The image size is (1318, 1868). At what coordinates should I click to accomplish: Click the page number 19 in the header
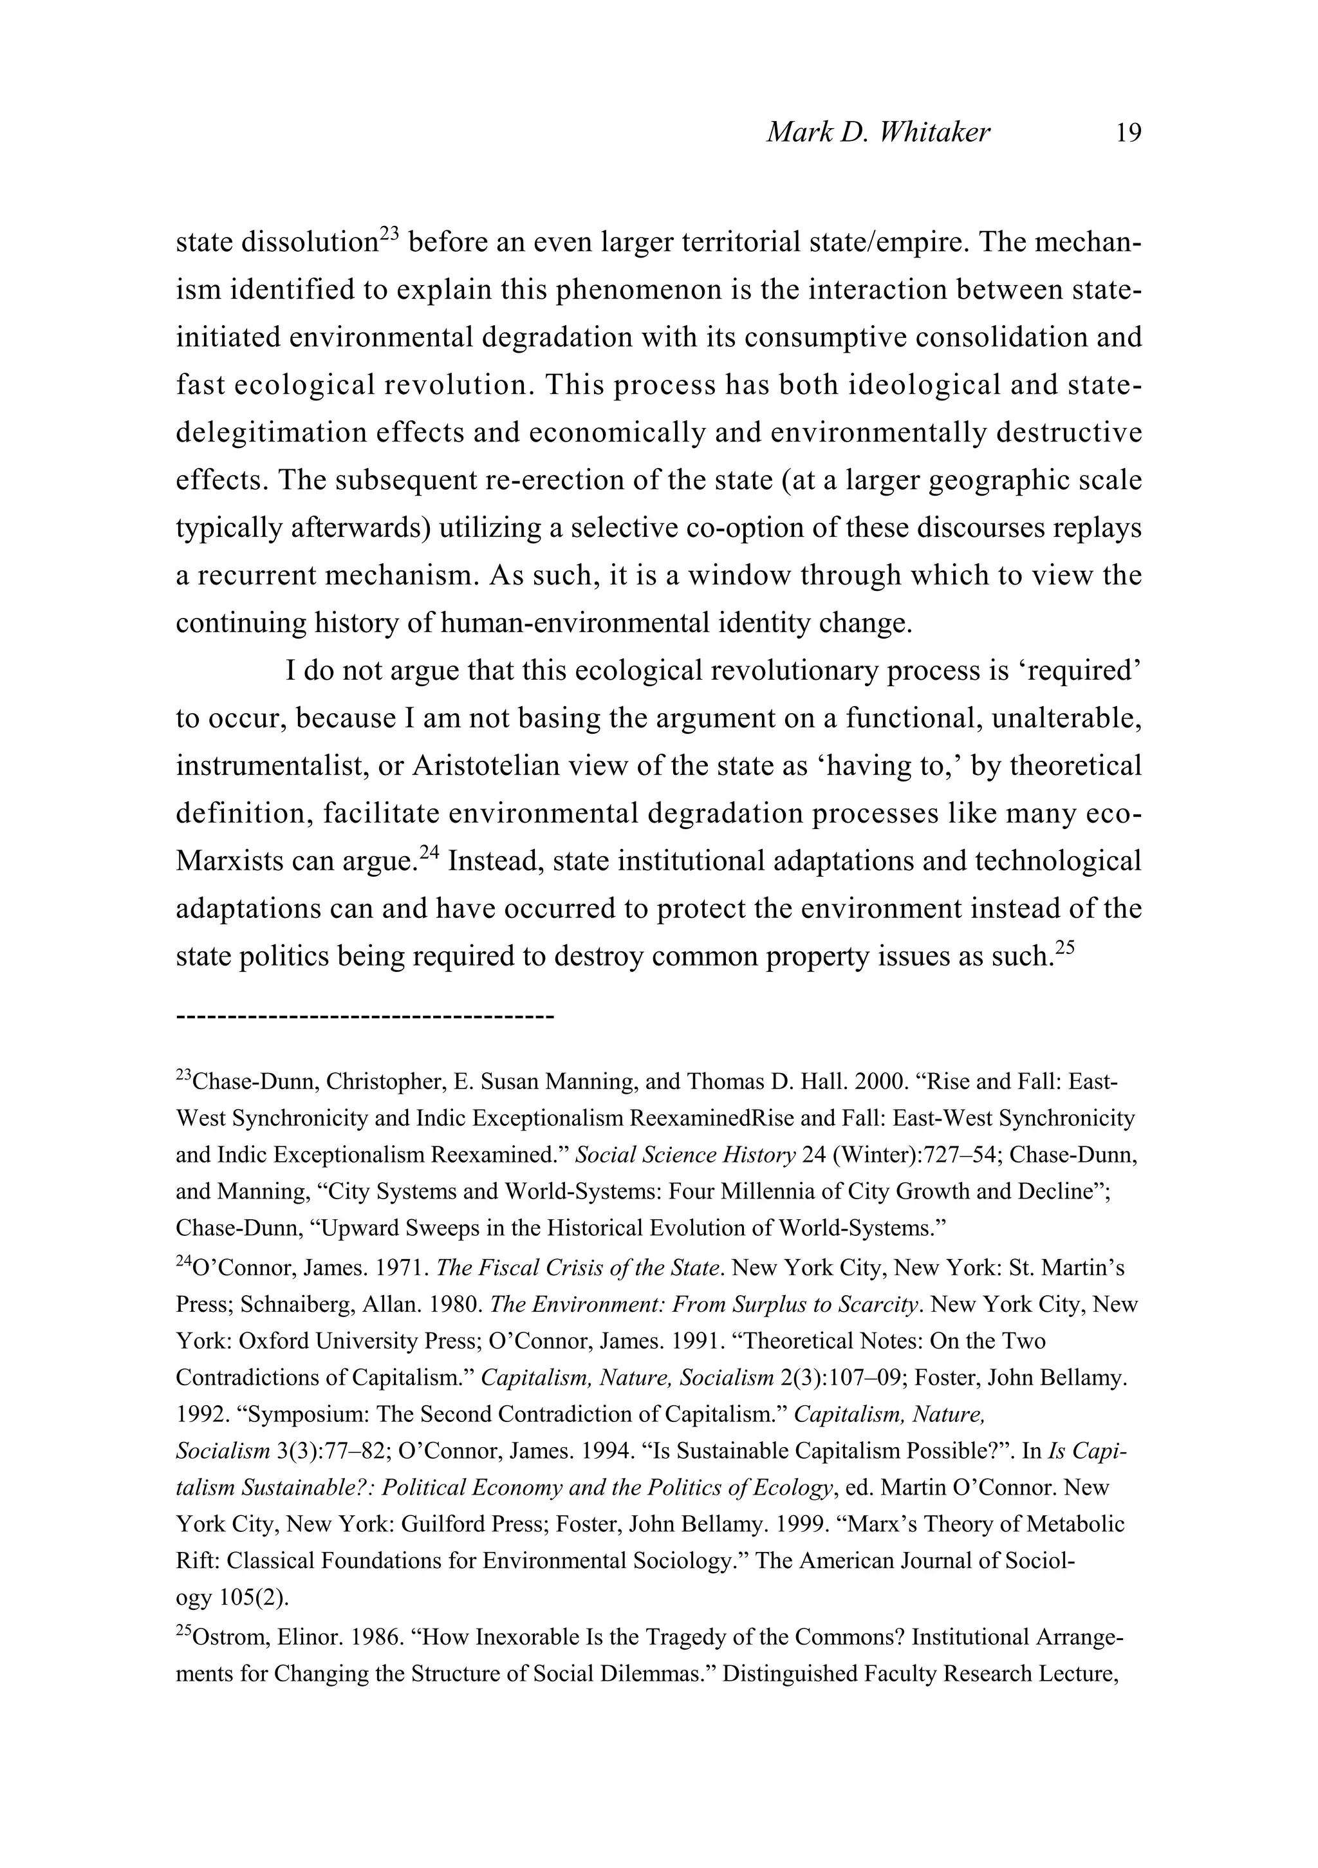1128,133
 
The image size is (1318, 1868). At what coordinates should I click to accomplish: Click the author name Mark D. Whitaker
878,133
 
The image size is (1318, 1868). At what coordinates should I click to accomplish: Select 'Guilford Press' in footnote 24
472,1524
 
